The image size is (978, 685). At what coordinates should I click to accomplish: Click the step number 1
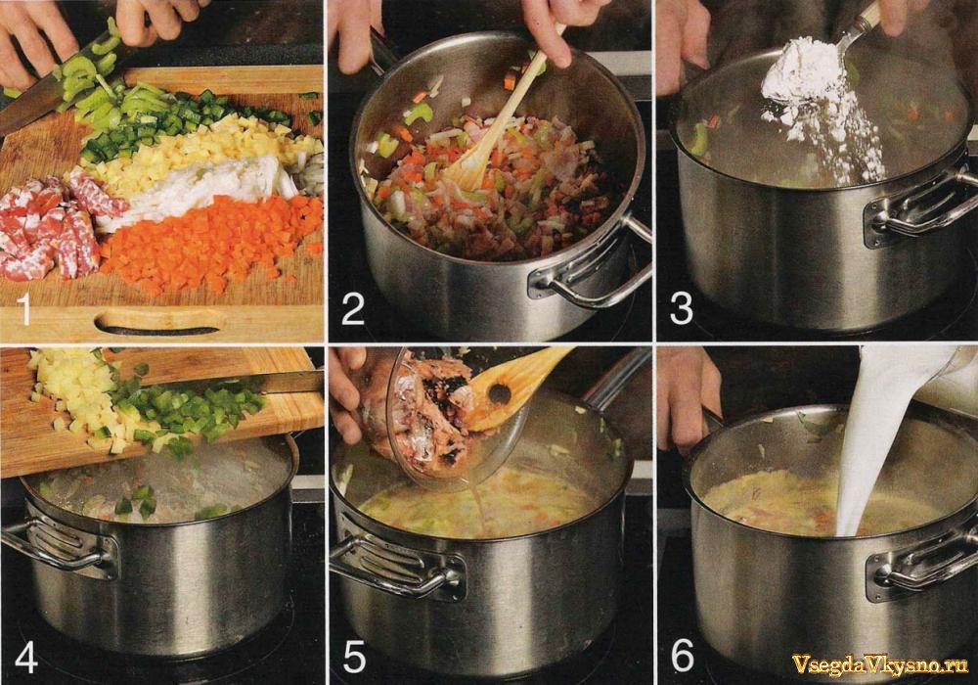click(24, 310)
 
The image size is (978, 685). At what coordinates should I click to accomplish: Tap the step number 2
click(352, 310)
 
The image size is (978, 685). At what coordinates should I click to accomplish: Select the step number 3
click(681, 310)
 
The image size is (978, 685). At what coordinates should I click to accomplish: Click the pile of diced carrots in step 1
click(212, 244)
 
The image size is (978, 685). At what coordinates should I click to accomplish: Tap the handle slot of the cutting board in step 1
click(159, 321)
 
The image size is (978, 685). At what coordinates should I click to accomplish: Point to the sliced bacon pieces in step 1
click(47, 225)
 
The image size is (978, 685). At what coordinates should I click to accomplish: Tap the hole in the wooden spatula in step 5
click(499, 393)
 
